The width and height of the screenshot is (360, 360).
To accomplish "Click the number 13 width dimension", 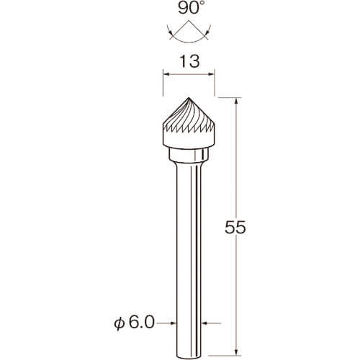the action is click(x=189, y=61).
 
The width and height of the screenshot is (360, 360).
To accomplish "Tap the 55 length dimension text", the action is click(x=235, y=227).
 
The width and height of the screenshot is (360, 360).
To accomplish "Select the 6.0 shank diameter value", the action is click(x=142, y=323).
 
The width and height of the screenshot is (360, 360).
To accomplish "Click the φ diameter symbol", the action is click(x=120, y=323).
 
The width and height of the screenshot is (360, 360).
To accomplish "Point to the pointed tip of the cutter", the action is click(x=189, y=97).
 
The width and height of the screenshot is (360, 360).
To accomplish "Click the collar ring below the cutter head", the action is click(x=189, y=155).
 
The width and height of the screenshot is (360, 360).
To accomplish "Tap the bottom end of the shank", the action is click(x=189, y=357).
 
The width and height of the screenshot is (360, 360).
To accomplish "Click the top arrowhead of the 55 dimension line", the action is click(x=237, y=101).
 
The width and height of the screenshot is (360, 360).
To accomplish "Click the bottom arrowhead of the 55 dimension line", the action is click(x=237, y=352).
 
